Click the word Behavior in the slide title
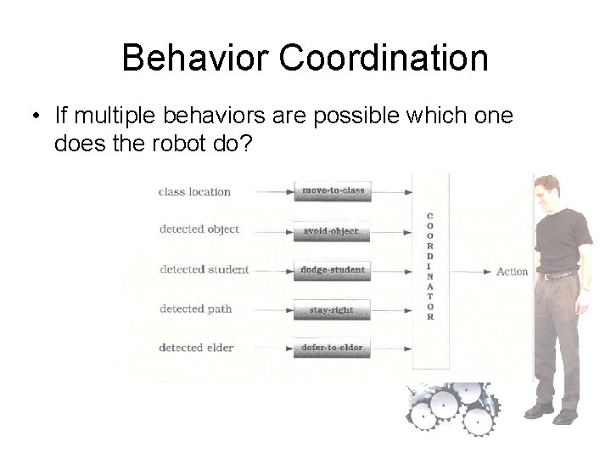pyautogui.click(x=194, y=58)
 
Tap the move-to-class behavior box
pyautogui.click(x=333, y=191)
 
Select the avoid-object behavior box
pyautogui.click(x=332, y=230)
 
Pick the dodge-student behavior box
pyautogui.click(x=333, y=270)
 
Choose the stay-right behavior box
pyautogui.click(x=332, y=310)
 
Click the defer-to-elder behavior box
pyautogui.click(x=332, y=348)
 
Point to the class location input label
pyautogui.click(x=194, y=192)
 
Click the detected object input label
pyautogui.click(x=199, y=229)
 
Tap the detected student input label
pyautogui.click(x=204, y=269)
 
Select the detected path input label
pyautogui.click(x=195, y=309)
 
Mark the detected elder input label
pyautogui.click(x=197, y=347)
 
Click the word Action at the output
pyautogui.click(x=512, y=272)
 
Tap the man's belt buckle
pyautogui.click(x=548, y=275)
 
